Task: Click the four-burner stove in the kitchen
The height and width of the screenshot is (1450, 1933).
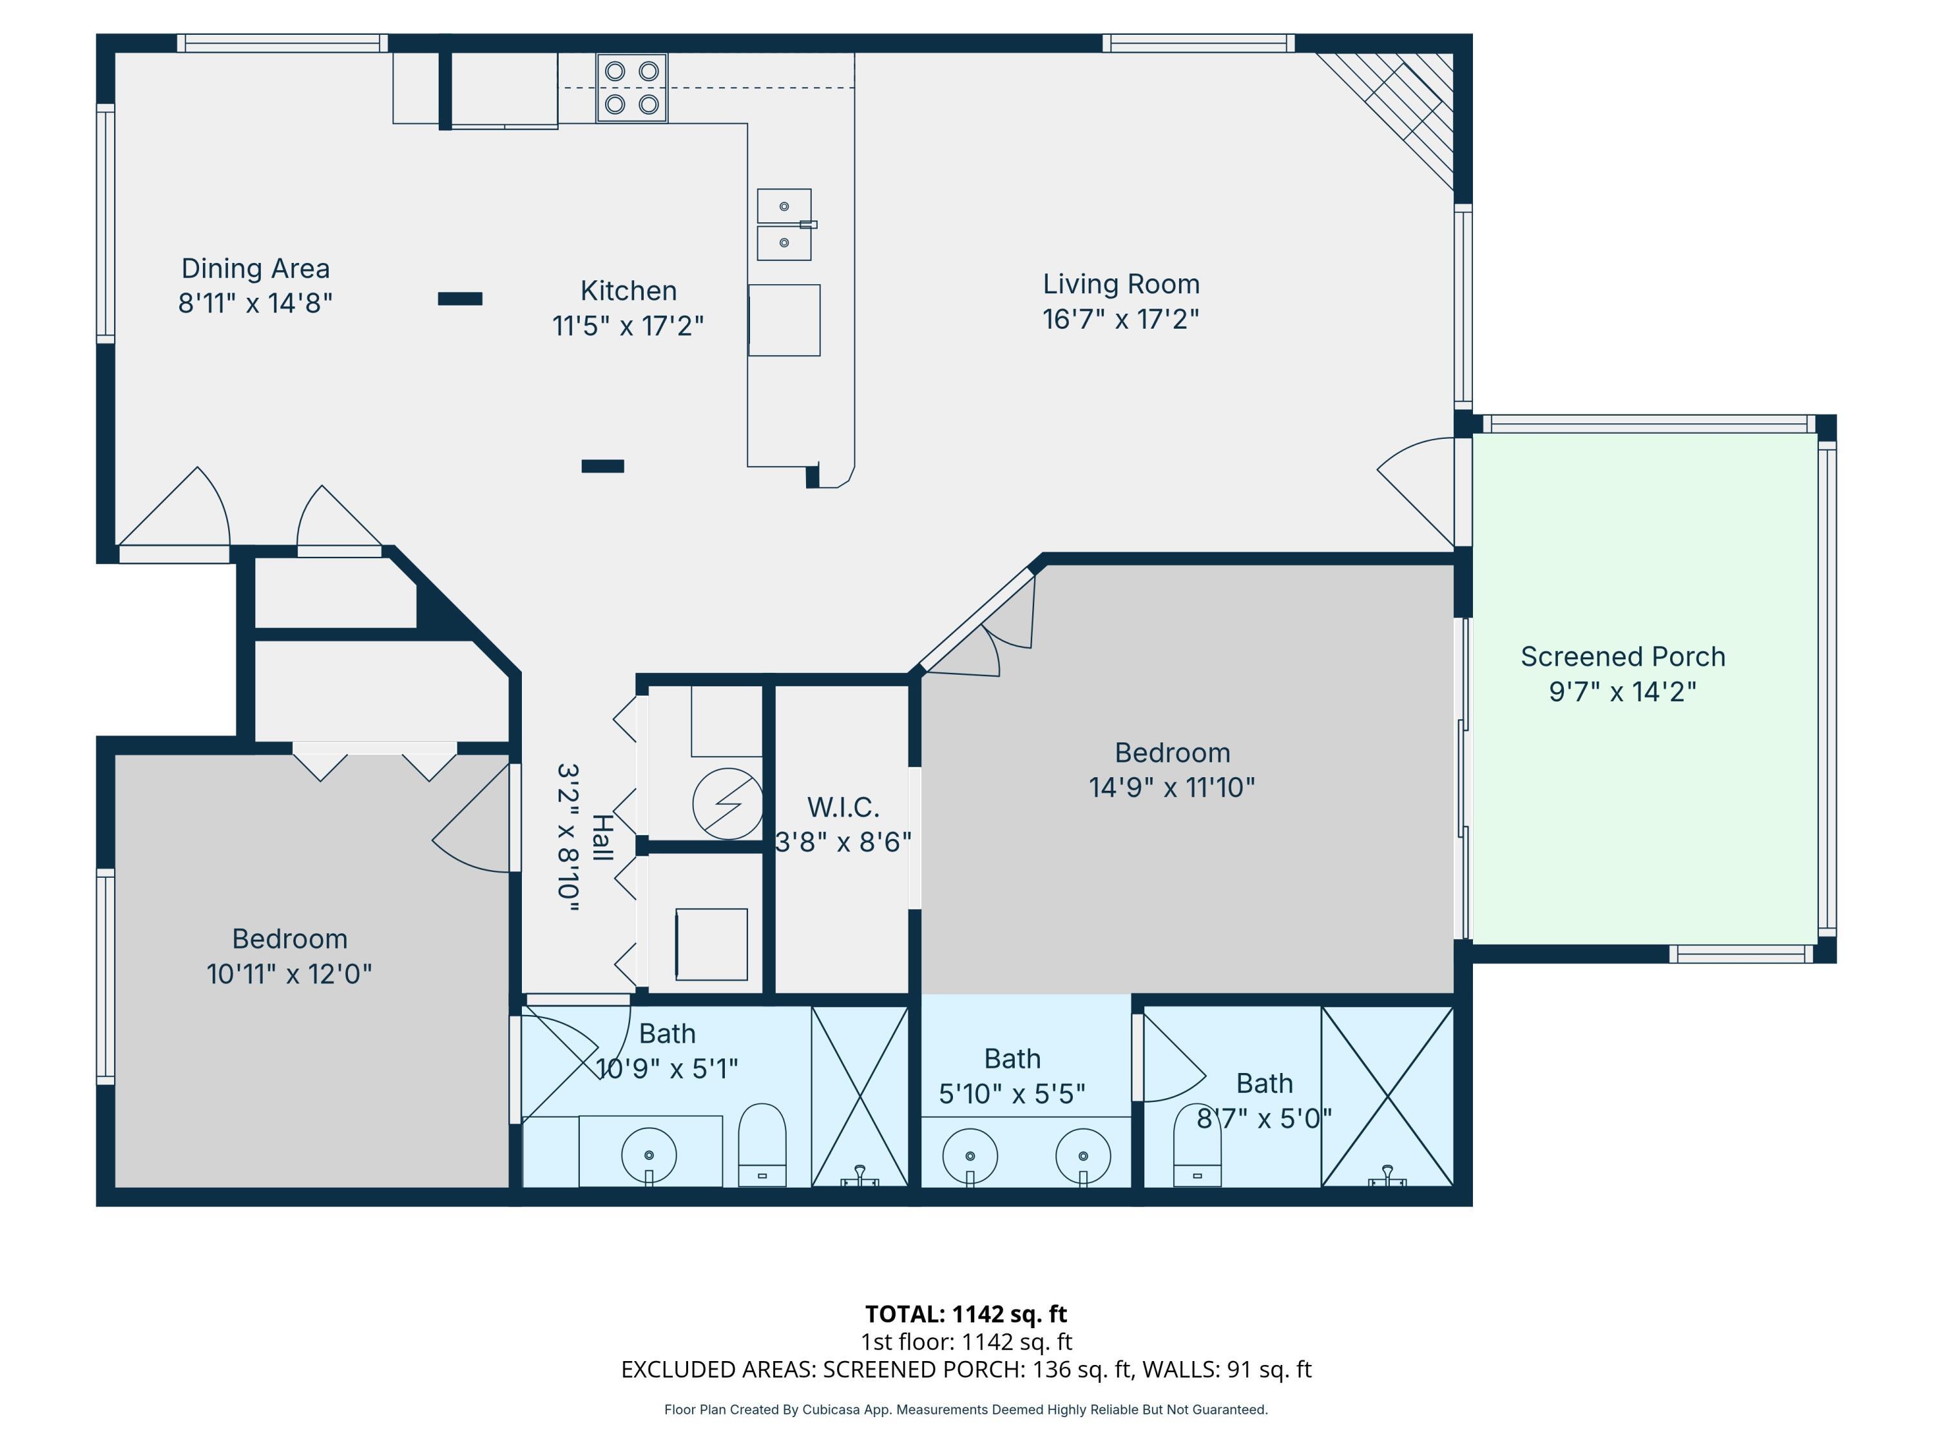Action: (x=632, y=88)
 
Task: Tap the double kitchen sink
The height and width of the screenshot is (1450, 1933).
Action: (x=785, y=225)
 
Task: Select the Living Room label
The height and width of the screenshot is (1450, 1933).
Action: (x=1121, y=284)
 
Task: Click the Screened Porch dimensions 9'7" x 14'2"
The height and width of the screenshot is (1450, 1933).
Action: (x=1623, y=692)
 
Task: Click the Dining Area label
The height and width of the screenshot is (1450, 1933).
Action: (x=255, y=268)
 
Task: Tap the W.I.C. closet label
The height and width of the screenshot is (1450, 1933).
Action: (x=843, y=807)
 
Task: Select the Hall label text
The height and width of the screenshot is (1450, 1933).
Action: (x=601, y=837)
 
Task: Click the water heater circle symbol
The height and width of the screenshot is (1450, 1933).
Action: (x=727, y=803)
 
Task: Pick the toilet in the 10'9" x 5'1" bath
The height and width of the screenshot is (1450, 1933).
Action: (x=762, y=1145)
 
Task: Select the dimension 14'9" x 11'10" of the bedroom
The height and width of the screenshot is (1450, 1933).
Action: (x=1172, y=788)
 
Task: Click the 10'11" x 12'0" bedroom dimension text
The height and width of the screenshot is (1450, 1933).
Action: (x=289, y=974)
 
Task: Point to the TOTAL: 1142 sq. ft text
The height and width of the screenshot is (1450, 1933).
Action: (x=966, y=1313)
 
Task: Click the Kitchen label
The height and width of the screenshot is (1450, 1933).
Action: (x=628, y=290)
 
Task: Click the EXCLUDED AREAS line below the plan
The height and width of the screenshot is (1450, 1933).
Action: (x=966, y=1369)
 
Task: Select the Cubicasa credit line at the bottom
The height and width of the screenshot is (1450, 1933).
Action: (x=966, y=1410)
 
